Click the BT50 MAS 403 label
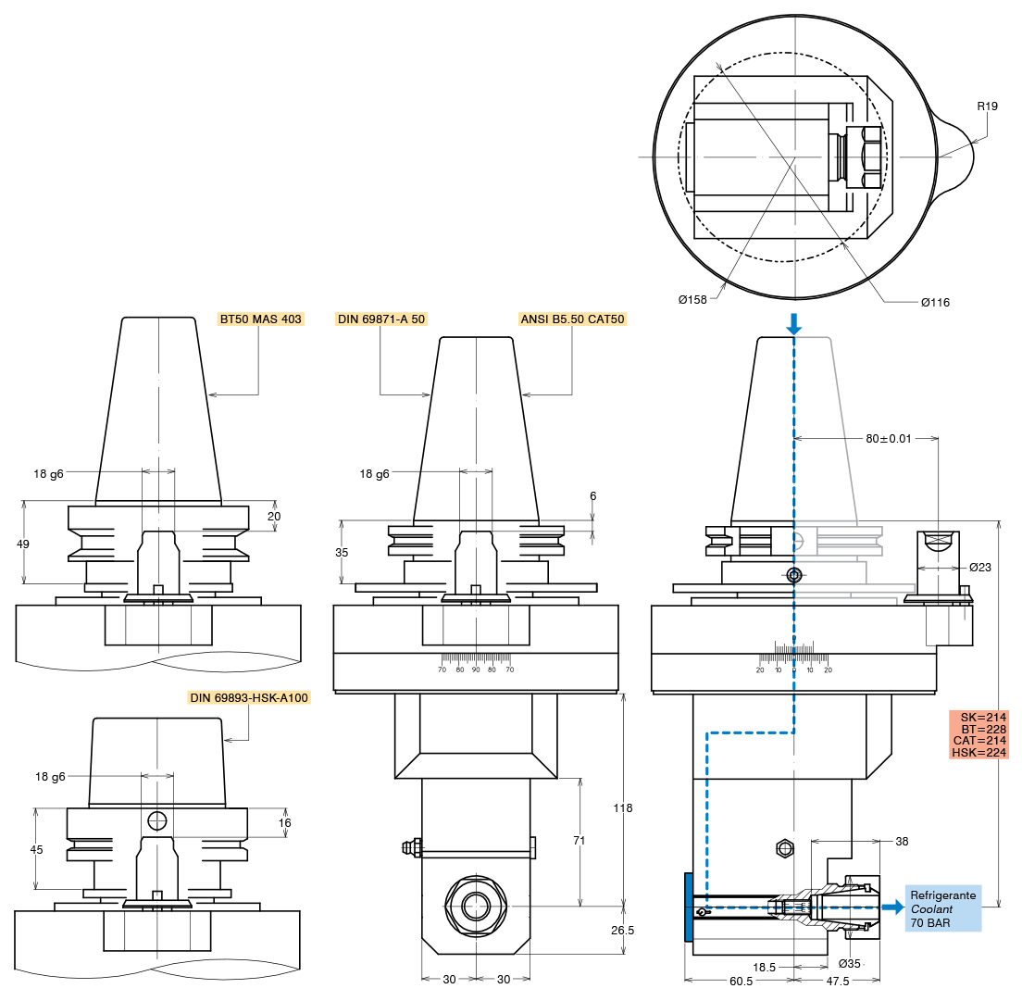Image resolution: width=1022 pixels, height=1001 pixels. (261, 319)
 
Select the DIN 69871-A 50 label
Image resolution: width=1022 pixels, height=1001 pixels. (381, 319)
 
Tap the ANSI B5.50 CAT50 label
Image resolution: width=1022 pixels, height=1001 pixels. (572, 319)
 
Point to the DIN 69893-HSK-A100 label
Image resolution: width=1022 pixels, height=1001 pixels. (249, 698)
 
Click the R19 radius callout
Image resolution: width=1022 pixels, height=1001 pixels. (988, 106)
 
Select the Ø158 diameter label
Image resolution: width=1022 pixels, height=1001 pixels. (692, 300)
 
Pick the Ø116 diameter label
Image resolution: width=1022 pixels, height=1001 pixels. (935, 303)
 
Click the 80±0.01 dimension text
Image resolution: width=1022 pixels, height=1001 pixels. (889, 439)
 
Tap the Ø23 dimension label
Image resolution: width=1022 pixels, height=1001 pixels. (980, 568)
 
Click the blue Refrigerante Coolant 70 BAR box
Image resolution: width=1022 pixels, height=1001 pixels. (943, 908)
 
